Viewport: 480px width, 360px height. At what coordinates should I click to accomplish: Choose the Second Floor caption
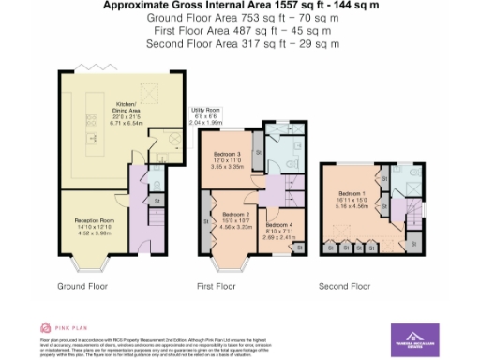(x=344, y=285)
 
